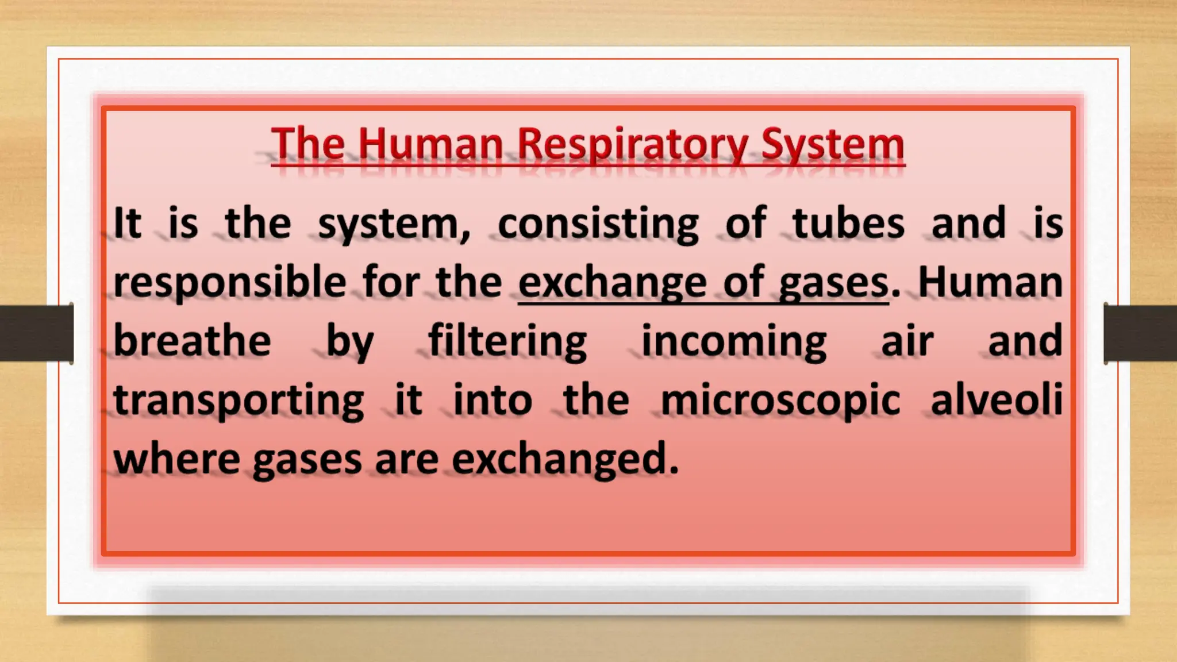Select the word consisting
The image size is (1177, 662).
(598, 224)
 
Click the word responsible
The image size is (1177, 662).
(230, 283)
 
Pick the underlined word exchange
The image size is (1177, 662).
(612, 283)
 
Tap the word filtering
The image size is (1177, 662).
(507, 341)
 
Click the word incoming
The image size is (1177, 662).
(734, 341)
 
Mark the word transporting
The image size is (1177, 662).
(239, 401)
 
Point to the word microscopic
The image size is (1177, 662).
(780, 401)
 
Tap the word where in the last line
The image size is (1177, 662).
(176, 459)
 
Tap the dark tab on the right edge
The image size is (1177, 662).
(1140, 333)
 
